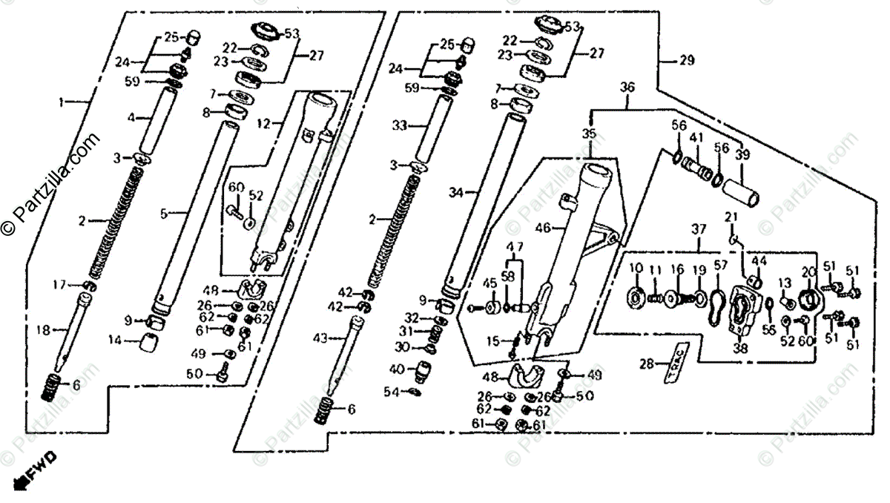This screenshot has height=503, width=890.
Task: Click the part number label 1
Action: pos(65,101)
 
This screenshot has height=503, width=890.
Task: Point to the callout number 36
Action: pos(627,87)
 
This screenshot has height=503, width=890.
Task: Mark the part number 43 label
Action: pos(320,338)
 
